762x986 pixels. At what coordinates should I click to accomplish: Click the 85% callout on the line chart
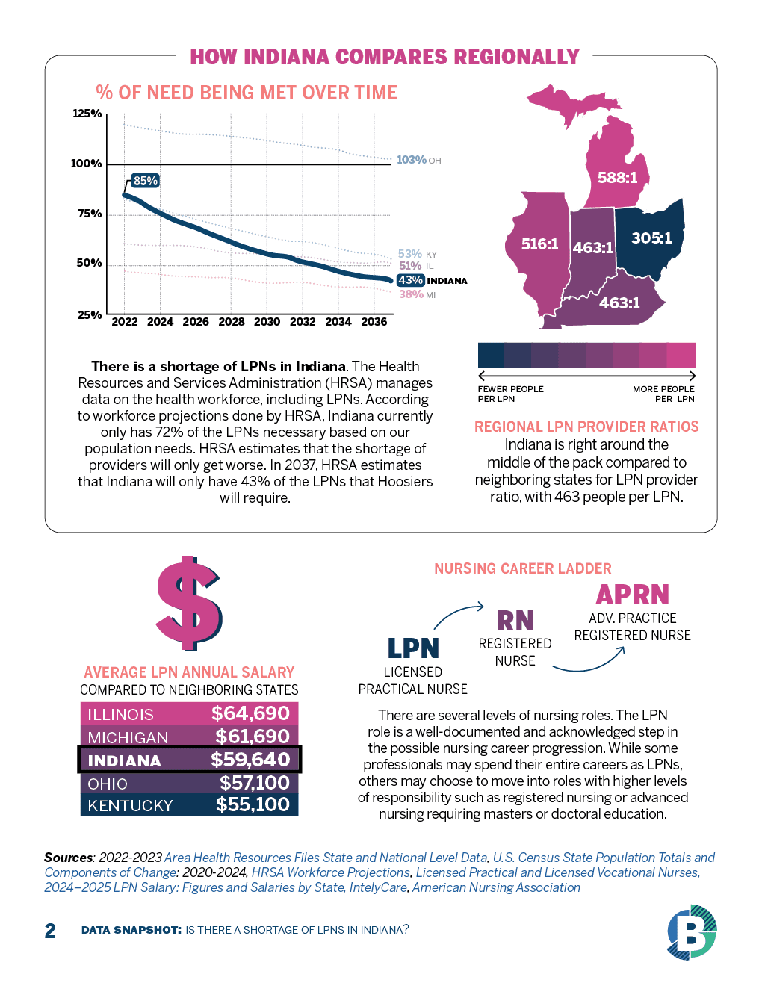coord(145,181)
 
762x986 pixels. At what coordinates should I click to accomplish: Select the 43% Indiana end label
coord(410,280)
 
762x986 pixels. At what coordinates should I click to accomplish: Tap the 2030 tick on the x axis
coord(267,322)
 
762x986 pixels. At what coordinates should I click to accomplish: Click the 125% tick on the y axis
coord(87,114)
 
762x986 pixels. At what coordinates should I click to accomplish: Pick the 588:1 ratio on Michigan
coord(617,178)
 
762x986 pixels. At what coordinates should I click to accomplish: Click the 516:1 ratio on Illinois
coord(539,244)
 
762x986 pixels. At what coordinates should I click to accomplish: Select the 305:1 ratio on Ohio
coord(651,238)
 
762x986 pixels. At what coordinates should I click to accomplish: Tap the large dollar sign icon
coord(189,603)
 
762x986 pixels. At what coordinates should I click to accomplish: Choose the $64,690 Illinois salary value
coord(250,713)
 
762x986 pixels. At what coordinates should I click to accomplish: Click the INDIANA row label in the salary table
coord(124,760)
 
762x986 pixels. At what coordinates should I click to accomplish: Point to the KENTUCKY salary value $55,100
coord(253,804)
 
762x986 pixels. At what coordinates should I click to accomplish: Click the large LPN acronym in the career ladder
coord(413,648)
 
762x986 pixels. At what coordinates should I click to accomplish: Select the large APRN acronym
coord(632,595)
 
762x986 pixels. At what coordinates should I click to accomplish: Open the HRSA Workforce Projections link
coord(331,872)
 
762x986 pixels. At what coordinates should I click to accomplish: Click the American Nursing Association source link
coord(496,887)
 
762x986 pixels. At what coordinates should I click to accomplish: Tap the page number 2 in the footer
coord(50,931)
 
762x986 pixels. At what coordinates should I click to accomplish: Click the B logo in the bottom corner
coord(691,931)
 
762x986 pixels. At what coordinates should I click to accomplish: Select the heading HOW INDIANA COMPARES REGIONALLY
coord(385,57)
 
